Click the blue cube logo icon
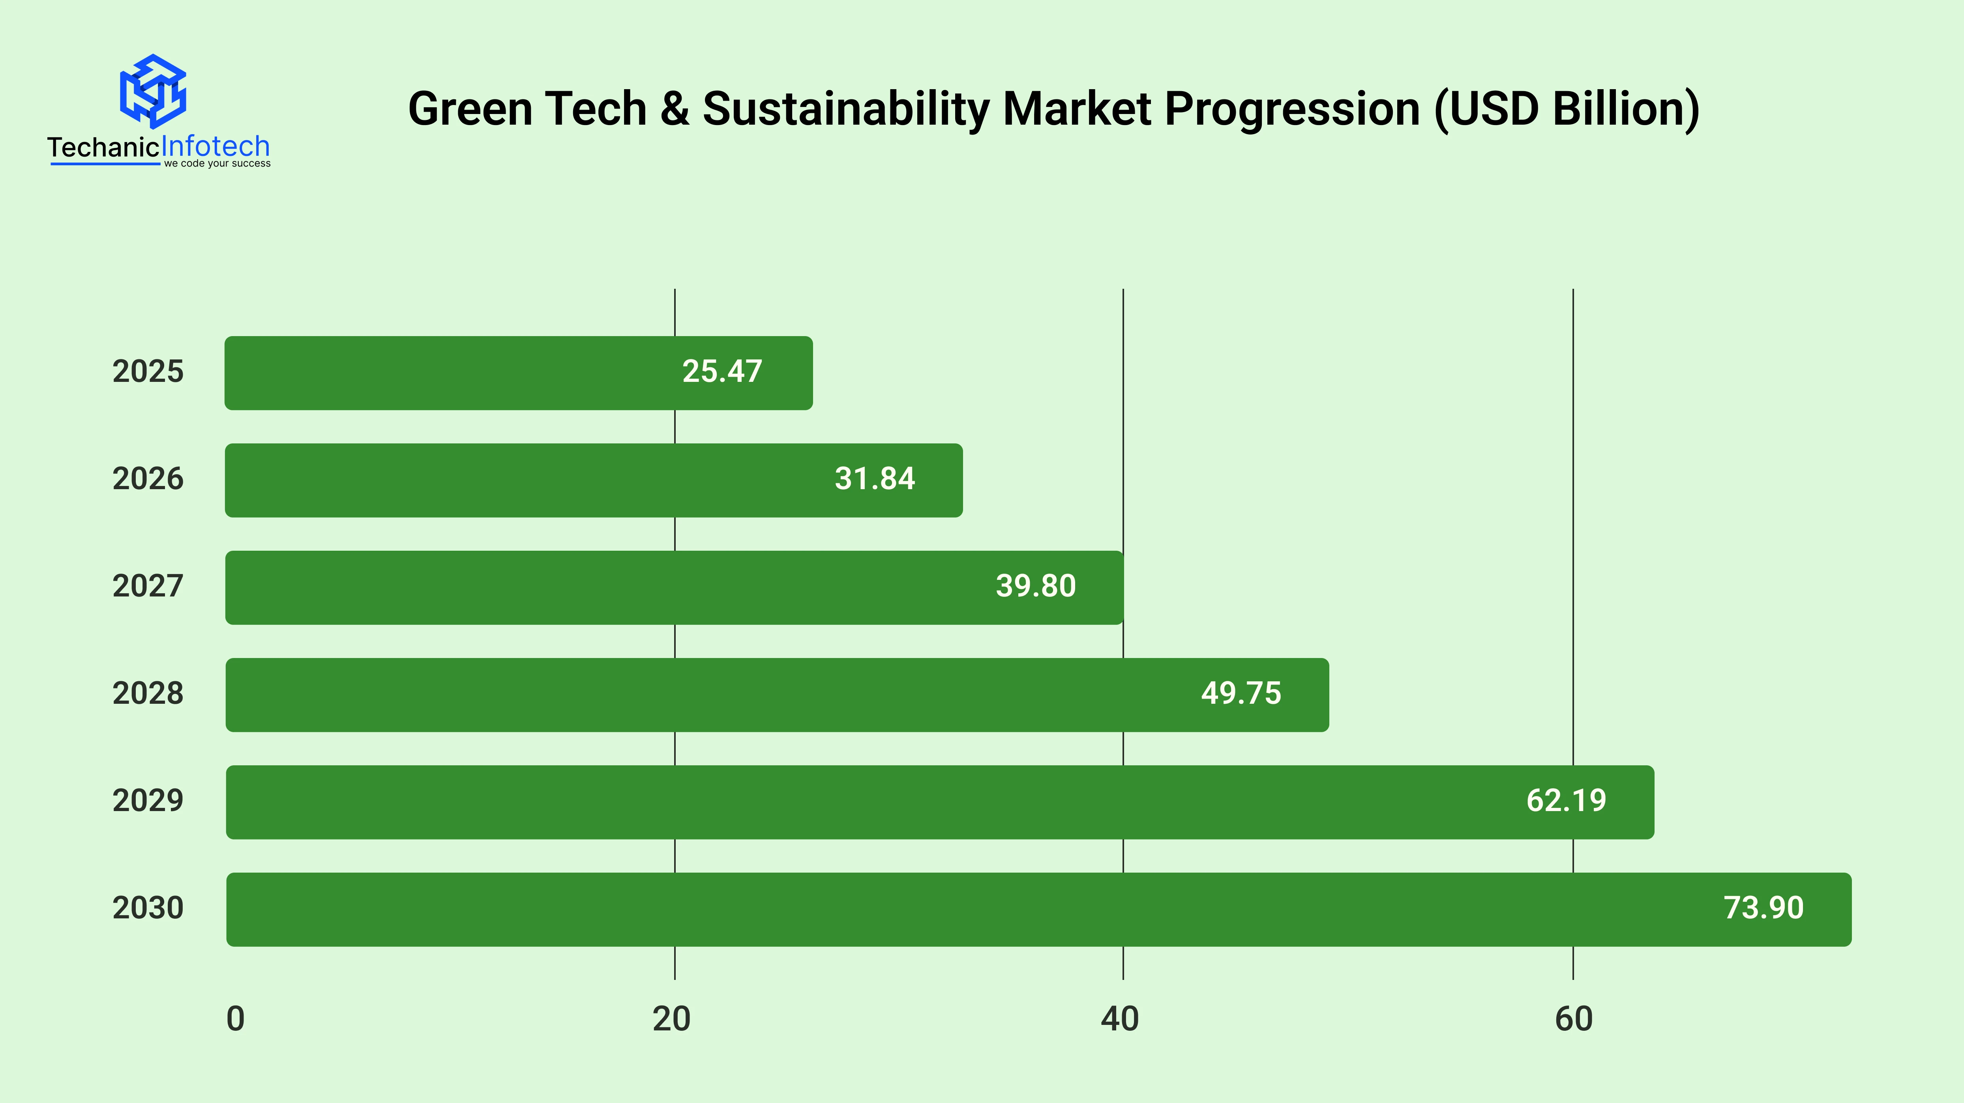point(153,91)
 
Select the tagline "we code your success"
point(217,164)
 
